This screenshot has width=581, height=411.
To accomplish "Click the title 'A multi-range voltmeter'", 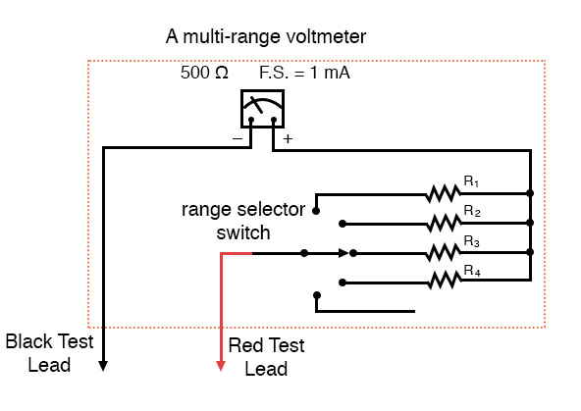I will point(267,38).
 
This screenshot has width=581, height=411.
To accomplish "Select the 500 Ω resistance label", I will point(204,74).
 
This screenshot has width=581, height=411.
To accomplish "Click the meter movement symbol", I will point(262,110).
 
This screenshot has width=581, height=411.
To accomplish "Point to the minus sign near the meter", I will point(238,139).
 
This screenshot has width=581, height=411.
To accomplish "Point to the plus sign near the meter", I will point(288,139).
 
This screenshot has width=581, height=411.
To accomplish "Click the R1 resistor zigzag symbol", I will point(444,193).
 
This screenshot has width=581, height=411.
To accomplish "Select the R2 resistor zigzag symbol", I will point(444,223).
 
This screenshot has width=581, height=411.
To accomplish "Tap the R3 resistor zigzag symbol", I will point(444,252).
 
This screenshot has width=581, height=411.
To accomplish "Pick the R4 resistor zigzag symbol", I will point(444,282).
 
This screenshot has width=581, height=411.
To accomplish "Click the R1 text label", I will point(472,181).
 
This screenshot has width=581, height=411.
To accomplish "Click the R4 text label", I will point(472,271).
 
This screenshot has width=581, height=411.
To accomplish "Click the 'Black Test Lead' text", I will point(49,353).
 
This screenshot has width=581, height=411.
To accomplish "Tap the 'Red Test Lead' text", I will point(266,357).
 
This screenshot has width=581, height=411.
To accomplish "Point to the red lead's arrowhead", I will point(221,367).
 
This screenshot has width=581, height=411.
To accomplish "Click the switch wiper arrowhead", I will point(343,252).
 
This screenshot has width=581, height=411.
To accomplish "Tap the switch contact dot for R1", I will point(316,209).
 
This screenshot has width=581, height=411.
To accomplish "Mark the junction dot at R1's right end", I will point(530,193).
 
